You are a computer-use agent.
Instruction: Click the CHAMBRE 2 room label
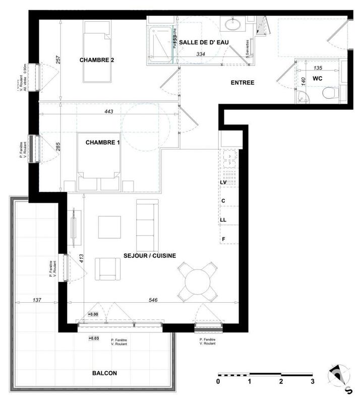tap(97, 60)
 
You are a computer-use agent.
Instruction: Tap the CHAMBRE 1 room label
tap(103, 143)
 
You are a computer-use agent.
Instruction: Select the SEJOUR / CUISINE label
tap(150, 256)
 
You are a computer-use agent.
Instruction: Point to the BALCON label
tap(105, 373)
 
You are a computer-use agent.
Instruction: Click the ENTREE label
tap(243, 83)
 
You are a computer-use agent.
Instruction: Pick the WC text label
tap(318, 79)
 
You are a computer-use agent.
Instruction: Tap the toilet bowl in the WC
tap(330, 93)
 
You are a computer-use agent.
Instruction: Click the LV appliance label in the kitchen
tap(223, 183)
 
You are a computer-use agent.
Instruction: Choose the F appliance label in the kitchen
tap(223, 239)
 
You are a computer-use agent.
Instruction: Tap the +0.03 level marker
tap(93, 338)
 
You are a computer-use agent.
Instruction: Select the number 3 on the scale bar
tap(313, 381)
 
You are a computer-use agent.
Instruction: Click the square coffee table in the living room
tap(109, 227)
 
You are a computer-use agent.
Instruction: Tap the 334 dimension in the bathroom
tap(200, 54)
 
